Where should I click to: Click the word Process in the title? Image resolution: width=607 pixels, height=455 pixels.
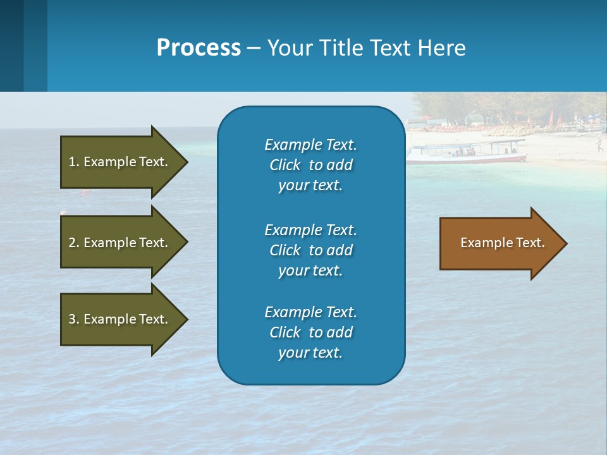(x=199, y=47)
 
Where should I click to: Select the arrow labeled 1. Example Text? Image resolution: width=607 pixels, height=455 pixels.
(x=120, y=162)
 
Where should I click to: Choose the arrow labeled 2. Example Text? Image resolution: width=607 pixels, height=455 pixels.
(x=120, y=243)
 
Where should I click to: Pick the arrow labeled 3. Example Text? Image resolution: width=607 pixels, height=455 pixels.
(x=120, y=319)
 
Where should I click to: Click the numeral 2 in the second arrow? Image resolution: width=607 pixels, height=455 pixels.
(x=72, y=243)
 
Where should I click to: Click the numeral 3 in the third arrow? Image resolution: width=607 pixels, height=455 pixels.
(x=72, y=319)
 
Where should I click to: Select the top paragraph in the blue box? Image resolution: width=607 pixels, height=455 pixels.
(x=310, y=165)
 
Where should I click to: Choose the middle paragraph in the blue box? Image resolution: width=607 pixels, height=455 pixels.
(x=310, y=250)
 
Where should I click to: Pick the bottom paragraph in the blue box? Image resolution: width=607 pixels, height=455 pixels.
(x=310, y=332)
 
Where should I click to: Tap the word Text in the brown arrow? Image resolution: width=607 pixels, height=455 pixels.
(x=530, y=243)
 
